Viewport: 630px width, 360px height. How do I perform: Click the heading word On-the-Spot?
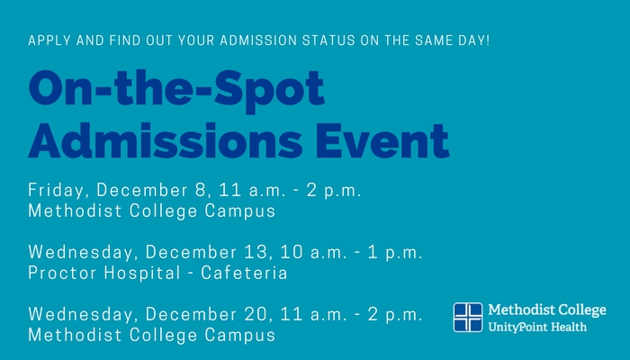176,89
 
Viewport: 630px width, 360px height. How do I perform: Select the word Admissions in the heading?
165,140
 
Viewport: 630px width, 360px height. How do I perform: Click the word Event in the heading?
382,140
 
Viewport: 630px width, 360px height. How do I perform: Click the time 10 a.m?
313,252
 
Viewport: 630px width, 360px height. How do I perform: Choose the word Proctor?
63,274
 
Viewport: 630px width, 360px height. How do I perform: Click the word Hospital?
142,274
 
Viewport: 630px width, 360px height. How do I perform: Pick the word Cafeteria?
244,274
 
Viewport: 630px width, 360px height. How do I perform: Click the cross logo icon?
468,318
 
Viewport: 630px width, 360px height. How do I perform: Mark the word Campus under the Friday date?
240,211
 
